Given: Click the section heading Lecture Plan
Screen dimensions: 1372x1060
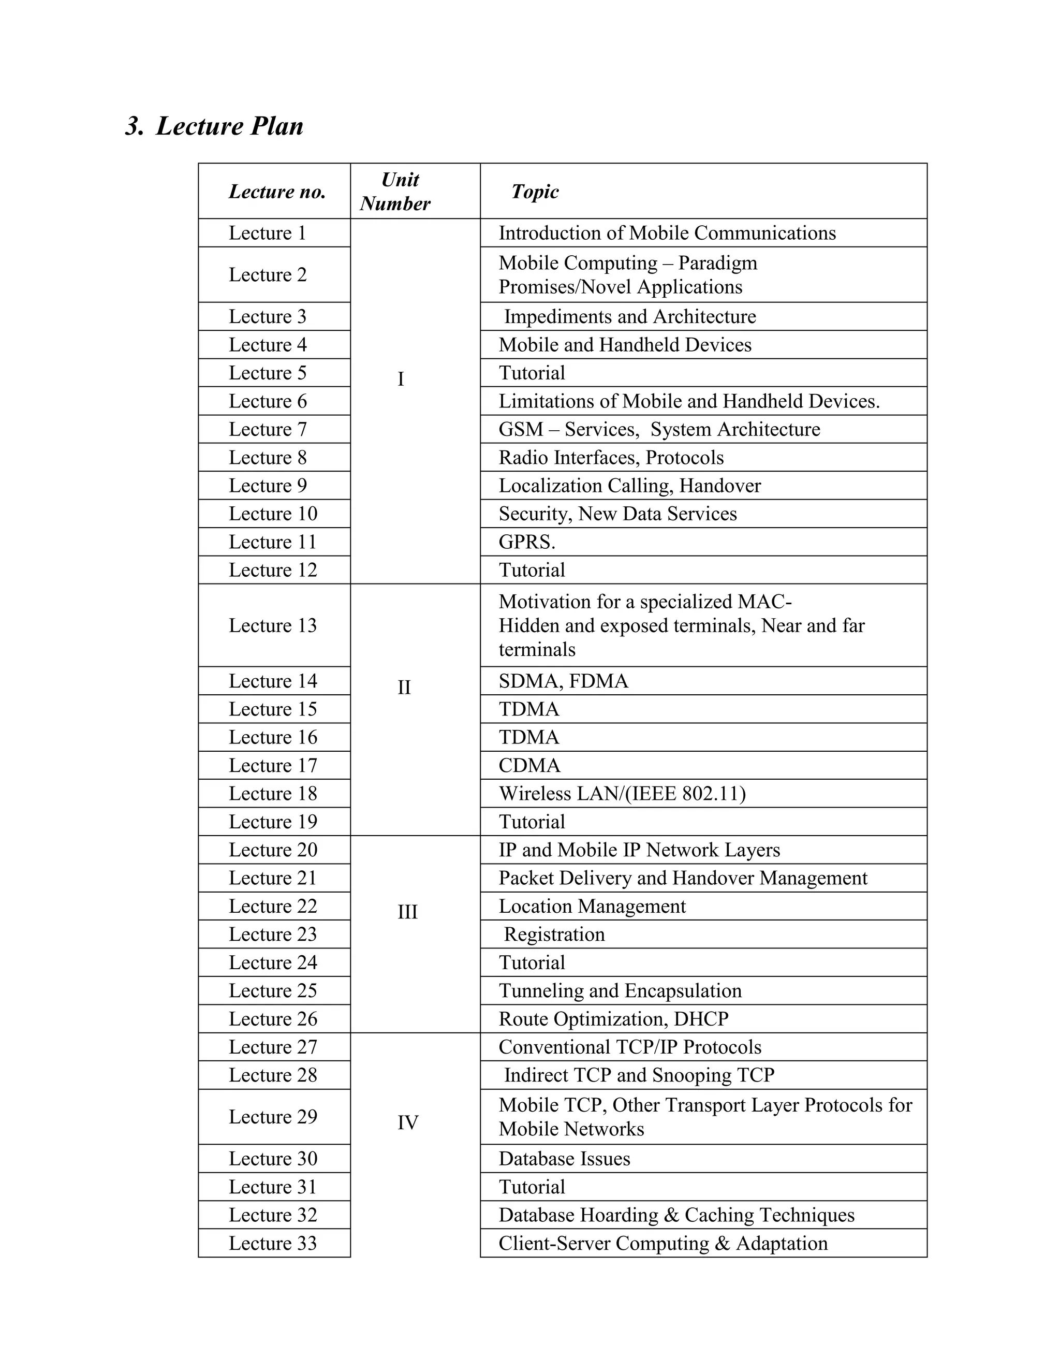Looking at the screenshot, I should (214, 126).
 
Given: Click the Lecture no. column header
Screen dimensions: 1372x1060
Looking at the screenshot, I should (277, 192).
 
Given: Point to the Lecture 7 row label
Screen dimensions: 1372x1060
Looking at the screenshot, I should (268, 429).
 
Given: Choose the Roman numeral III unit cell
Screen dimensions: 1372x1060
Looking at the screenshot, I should (407, 912).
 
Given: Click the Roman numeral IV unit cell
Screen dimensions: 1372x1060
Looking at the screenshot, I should (407, 1122).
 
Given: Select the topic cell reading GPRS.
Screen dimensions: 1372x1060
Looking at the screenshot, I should (527, 542).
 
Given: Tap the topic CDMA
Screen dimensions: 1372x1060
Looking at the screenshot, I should (529, 765).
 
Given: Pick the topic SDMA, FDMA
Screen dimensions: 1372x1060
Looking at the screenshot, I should (563, 681).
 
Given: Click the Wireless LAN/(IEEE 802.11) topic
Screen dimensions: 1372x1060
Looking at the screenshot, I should (622, 793).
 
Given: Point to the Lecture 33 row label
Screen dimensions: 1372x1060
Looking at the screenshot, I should (273, 1243).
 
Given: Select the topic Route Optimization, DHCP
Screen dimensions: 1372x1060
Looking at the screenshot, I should (613, 1018).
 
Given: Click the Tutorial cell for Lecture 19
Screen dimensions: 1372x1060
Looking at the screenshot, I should (532, 822).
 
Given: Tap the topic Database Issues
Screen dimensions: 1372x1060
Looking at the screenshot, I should (564, 1158).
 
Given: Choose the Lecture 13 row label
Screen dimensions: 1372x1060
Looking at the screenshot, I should (273, 626).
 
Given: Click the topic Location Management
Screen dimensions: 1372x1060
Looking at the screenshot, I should (592, 906).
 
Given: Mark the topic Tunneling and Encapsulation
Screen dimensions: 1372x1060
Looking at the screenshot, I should (620, 990).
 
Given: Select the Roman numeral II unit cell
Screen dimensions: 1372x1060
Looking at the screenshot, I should (404, 687).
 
